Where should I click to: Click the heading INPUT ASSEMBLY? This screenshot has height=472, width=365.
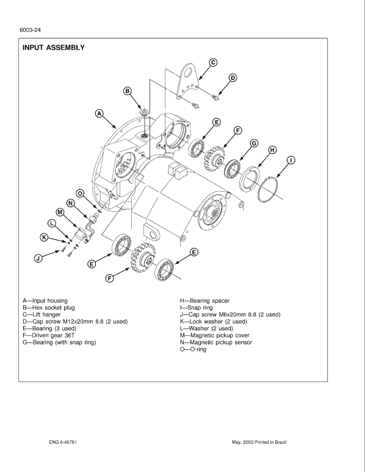pos(54,48)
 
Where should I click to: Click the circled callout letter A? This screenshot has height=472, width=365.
pos(99,112)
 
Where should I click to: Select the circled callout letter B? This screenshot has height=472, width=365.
pos(128,91)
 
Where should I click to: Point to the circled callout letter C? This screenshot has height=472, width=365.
pos(213,62)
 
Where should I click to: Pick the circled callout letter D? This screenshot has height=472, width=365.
pos(233,78)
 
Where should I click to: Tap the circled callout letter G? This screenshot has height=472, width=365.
pos(253,143)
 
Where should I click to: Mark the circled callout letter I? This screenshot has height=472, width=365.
pos(292,161)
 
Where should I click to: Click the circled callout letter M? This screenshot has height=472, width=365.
pos(60,212)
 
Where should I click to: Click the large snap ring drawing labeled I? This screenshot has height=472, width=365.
pos(269,187)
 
